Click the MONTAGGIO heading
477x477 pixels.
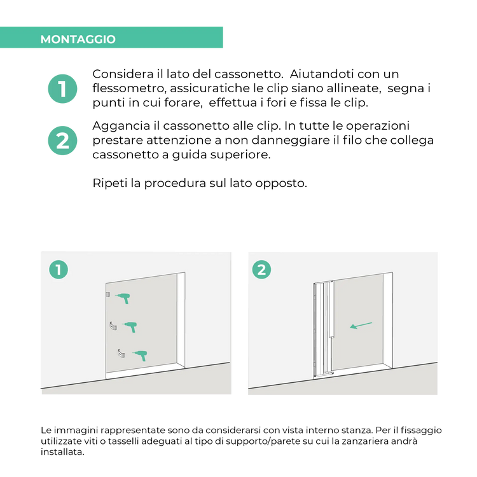[78, 39]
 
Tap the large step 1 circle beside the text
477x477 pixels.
[63, 89]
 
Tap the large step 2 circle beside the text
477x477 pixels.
[63, 141]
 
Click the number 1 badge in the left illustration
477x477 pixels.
[59, 270]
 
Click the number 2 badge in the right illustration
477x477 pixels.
[261, 270]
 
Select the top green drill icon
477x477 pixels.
[123, 298]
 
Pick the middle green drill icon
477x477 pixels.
[130, 327]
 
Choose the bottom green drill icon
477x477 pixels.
[140, 356]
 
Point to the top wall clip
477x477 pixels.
[108, 294]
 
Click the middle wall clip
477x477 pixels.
[113, 326]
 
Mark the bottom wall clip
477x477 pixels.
[121, 354]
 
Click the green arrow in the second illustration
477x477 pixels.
[361, 326]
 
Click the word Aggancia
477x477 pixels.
[121, 127]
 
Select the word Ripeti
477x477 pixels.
[110, 184]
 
